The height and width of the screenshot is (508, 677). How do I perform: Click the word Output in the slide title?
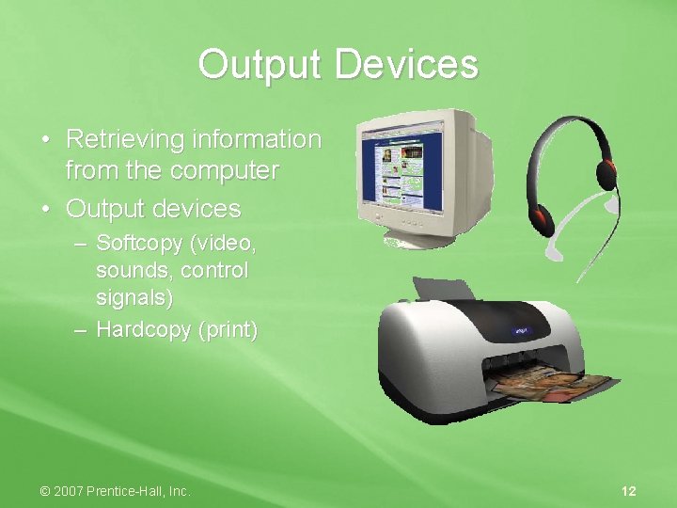tap(261, 65)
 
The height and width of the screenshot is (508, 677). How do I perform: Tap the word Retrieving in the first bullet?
tap(124, 139)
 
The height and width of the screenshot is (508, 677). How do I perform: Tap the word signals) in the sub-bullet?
tap(139, 299)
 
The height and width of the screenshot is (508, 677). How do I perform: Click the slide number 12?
tap(629, 490)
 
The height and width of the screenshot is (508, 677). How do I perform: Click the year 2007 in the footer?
tap(70, 490)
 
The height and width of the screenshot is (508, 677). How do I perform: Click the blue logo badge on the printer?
tap(520, 331)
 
